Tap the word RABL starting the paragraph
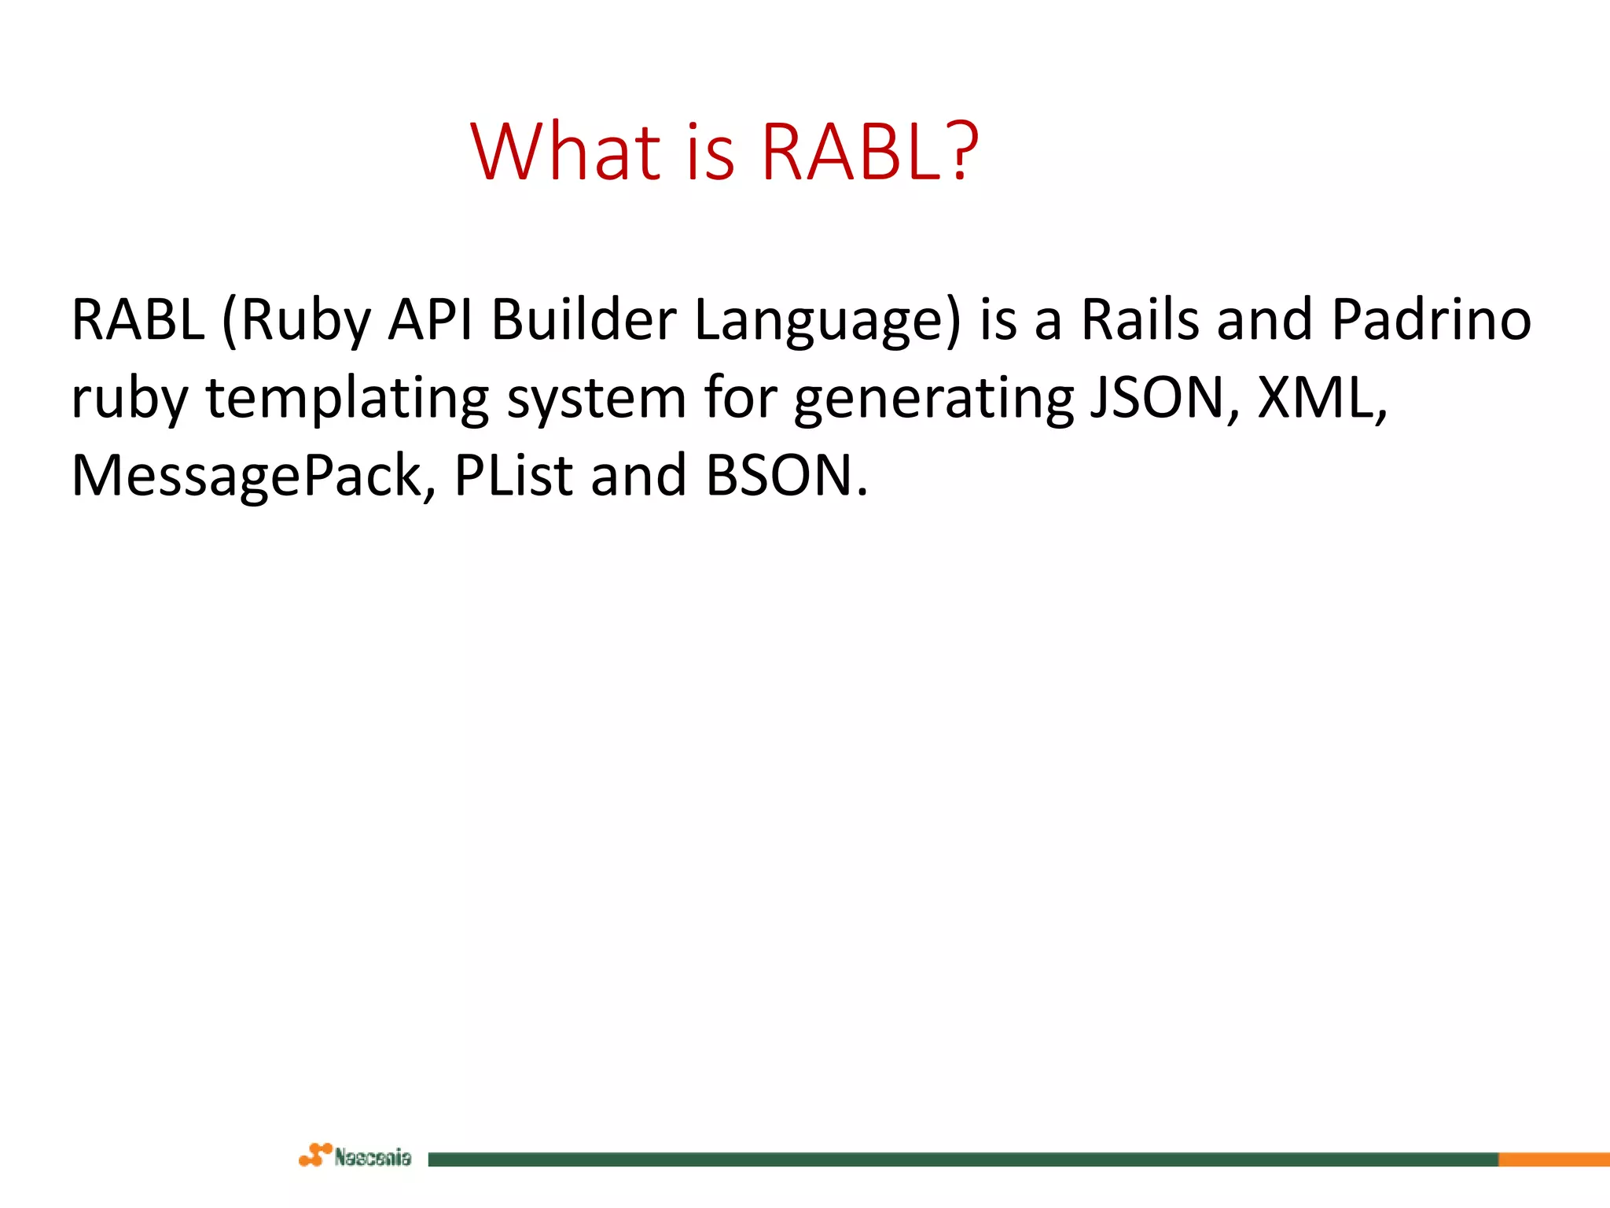pyautogui.click(x=138, y=320)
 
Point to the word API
pyautogui.click(x=431, y=320)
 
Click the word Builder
pyautogui.click(x=584, y=320)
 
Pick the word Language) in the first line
pyautogui.click(x=828, y=320)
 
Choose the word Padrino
pyautogui.click(x=1432, y=320)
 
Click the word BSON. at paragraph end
pyautogui.click(x=787, y=477)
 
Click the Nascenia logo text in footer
pyautogui.click(x=373, y=1158)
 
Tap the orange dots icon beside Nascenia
pyautogui.click(x=315, y=1155)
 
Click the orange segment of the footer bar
pyautogui.click(x=1553, y=1159)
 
